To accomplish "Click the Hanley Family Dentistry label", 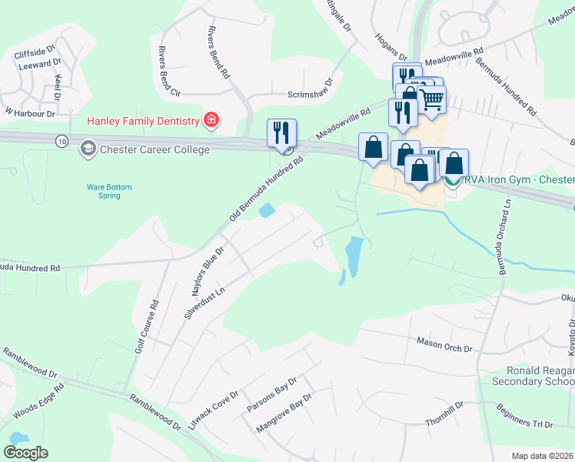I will (x=142, y=121).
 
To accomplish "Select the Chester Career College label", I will (x=155, y=149).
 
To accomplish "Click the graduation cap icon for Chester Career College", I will (x=88, y=149).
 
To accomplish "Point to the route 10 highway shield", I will (x=61, y=141).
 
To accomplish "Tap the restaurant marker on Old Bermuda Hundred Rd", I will (x=281, y=132).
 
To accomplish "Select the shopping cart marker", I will (x=431, y=99).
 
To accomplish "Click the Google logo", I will (x=26, y=452).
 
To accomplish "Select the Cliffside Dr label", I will (x=35, y=55).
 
